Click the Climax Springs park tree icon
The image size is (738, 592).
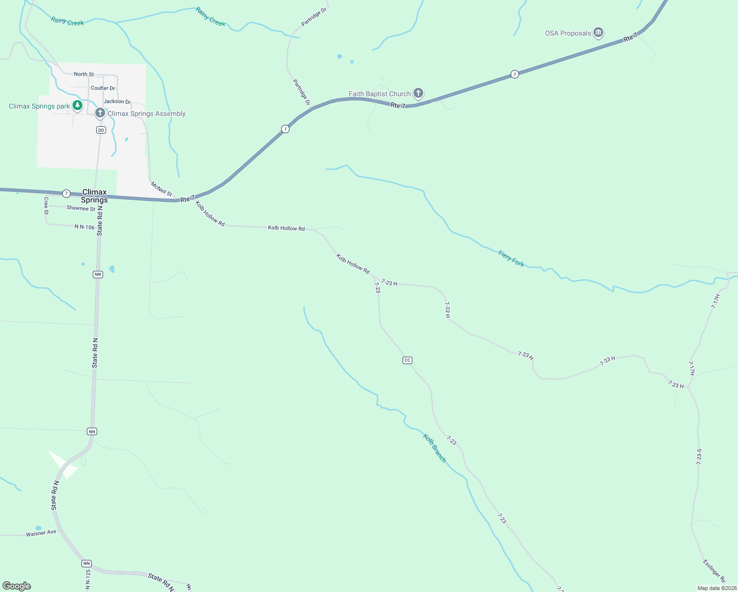pos(77,105)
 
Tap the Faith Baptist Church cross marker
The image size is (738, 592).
pos(418,93)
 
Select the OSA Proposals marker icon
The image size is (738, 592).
pos(598,33)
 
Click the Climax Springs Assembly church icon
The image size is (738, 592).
pos(100,113)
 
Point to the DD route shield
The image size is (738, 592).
pos(101,130)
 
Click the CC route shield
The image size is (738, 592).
pos(407,360)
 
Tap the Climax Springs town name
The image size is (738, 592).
pos(94,196)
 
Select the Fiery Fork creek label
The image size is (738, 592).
pos(511,259)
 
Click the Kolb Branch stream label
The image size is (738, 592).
pos(435,448)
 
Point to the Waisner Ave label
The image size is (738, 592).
pos(41,533)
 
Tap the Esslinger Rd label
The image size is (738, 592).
pos(714,570)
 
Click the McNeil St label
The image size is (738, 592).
pos(161,189)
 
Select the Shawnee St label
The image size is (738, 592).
pos(81,208)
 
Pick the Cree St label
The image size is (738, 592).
pos(46,206)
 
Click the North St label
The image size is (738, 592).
pos(84,74)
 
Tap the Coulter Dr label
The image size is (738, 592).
pos(103,88)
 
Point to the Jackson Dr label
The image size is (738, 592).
pos(117,101)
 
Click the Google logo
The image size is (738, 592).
pos(17,586)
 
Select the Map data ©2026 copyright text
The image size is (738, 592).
pos(716,588)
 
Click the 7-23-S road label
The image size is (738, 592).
pos(699,457)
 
